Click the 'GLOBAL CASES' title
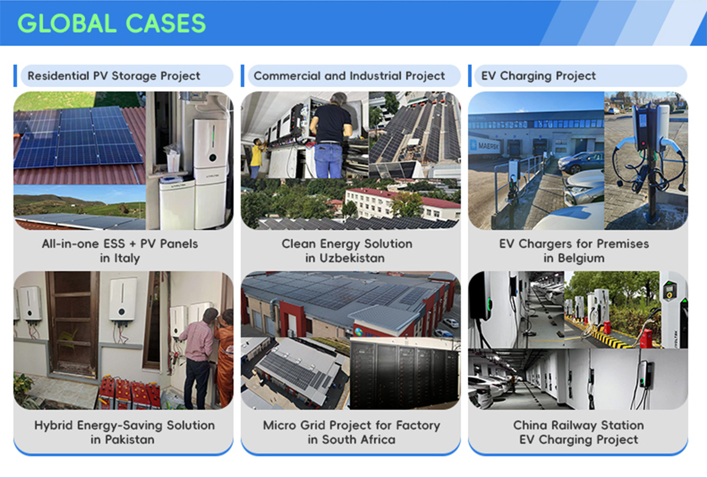111,24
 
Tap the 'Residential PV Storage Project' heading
114,76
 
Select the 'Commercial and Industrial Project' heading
349,76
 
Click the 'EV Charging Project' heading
538,76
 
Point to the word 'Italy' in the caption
127,258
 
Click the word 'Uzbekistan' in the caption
352,258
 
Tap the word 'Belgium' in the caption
581,258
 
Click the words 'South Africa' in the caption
359,440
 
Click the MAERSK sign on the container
488,145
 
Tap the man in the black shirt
330,135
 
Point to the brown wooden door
72,325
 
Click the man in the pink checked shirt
197,358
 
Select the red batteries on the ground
130,393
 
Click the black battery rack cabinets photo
405,374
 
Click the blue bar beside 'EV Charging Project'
470,76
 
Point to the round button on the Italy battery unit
213,157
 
